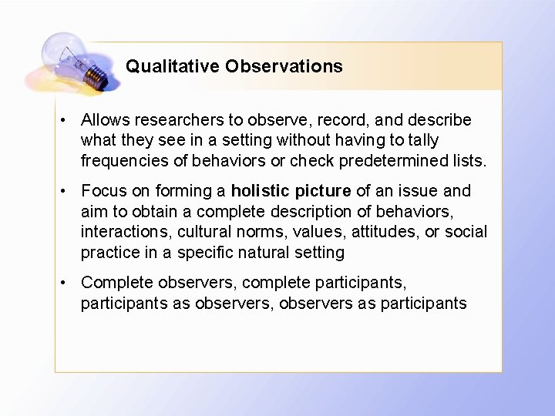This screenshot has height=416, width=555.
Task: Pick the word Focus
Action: (x=102, y=190)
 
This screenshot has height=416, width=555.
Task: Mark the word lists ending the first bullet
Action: (x=470, y=160)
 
